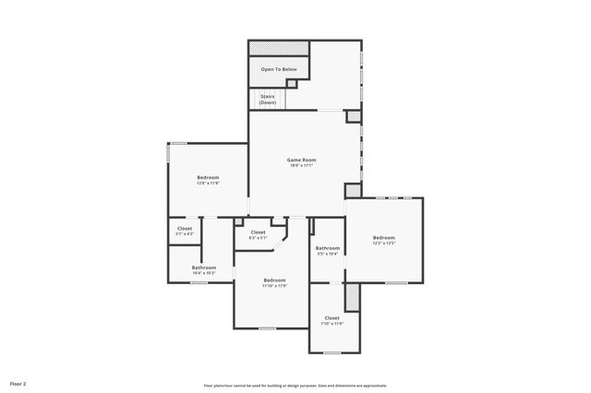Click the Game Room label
(x=302, y=160)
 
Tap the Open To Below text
(x=278, y=69)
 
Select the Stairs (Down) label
(x=267, y=99)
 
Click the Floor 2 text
(x=18, y=382)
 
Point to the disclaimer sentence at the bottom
(x=295, y=386)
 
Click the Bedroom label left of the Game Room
(x=208, y=177)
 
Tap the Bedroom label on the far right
(x=383, y=237)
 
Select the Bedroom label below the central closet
(x=274, y=280)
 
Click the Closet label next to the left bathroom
(x=185, y=228)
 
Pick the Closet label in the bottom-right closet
(x=332, y=317)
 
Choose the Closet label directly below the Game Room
(x=258, y=232)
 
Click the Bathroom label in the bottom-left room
(x=204, y=268)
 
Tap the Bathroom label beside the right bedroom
(x=328, y=247)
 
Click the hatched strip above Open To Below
(x=278, y=47)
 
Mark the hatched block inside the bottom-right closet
(x=351, y=297)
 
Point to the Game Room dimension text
(x=302, y=166)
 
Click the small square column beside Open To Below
(x=292, y=84)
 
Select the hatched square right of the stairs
(x=353, y=116)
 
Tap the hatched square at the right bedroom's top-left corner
(x=354, y=190)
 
